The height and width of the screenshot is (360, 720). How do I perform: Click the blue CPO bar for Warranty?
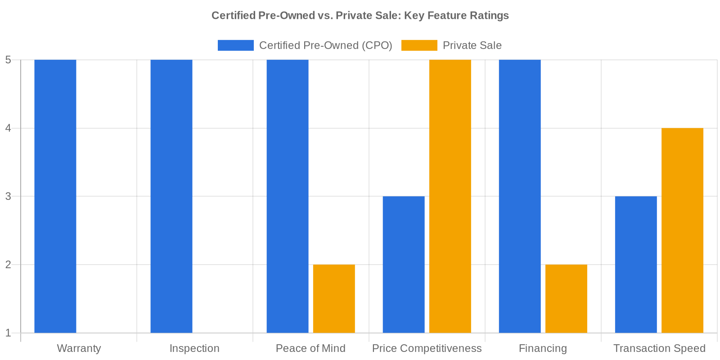click(x=55, y=196)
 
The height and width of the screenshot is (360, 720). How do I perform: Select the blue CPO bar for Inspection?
click(x=171, y=196)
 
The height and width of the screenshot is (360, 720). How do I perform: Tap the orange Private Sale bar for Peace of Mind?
click(x=334, y=299)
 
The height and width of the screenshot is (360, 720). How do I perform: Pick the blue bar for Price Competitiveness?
click(x=404, y=265)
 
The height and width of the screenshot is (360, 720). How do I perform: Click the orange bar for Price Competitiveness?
click(x=450, y=196)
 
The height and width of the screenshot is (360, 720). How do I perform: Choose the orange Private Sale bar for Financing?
click(x=566, y=299)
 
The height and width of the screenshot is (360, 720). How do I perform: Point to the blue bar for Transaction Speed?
click(x=636, y=265)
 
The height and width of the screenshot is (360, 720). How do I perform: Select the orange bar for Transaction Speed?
click(x=682, y=230)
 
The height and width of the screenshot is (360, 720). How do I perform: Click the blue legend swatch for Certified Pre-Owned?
click(x=236, y=45)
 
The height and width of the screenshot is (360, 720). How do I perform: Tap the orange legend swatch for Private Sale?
click(x=419, y=45)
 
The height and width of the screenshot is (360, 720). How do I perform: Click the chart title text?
click(x=360, y=16)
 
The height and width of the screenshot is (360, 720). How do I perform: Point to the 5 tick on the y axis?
click(x=8, y=60)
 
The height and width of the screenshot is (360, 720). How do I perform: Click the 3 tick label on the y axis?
click(x=8, y=197)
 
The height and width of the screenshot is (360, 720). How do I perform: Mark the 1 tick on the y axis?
click(x=8, y=333)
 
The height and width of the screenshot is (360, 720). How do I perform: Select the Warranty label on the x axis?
click(x=79, y=349)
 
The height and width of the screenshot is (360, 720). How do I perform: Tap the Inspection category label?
click(x=194, y=349)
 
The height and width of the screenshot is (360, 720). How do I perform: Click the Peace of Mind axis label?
click(x=310, y=349)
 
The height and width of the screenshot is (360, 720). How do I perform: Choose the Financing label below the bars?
click(x=543, y=349)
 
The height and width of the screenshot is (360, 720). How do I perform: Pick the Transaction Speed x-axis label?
click(x=659, y=349)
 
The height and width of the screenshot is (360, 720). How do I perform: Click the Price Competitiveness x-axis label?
click(x=427, y=349)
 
